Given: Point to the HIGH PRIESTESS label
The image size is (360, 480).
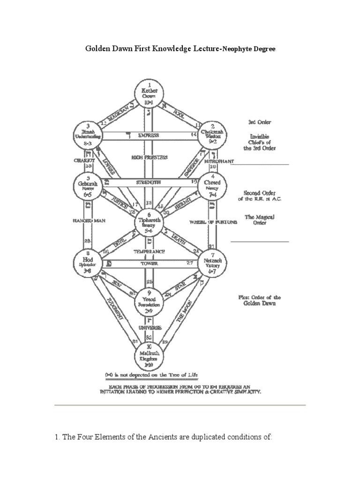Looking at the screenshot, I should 149,158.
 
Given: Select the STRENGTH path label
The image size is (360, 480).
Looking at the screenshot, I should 150,181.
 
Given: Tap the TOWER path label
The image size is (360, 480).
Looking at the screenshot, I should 149,263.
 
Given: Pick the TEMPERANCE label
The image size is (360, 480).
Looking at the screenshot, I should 149,251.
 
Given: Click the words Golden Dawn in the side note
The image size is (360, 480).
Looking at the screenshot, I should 259,304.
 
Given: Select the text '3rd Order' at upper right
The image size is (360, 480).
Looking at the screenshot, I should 260,122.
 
